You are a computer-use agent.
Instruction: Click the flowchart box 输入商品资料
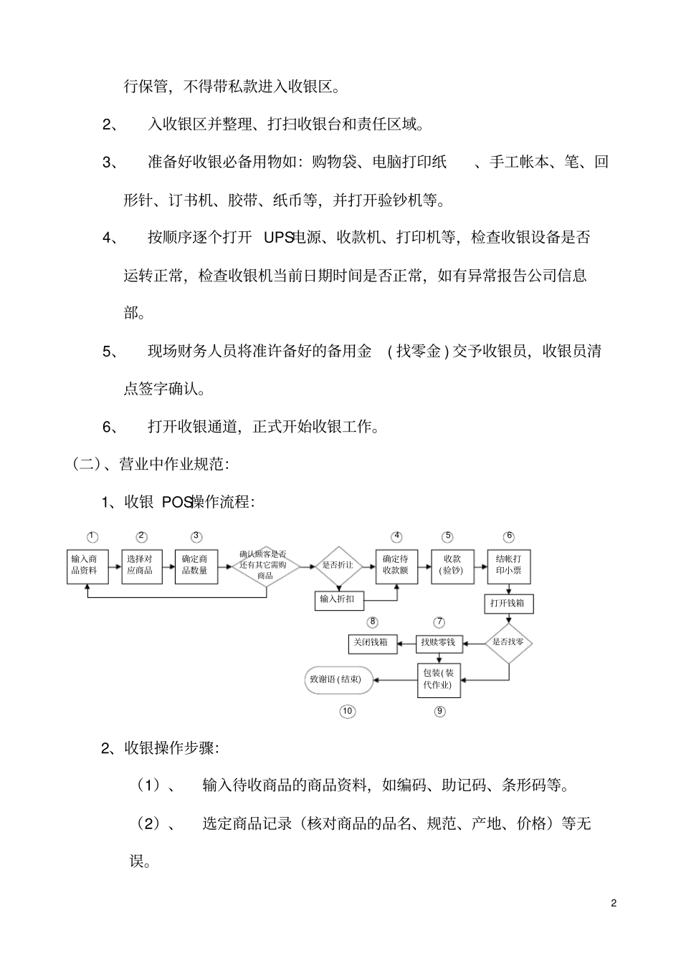(87, 566)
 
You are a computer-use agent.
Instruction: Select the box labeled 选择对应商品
(141, 566)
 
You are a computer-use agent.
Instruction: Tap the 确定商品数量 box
(196, 566)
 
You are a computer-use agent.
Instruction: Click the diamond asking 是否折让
(338, 566)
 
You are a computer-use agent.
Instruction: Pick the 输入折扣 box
(338, 599)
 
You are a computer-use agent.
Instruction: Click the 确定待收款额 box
(396, 566)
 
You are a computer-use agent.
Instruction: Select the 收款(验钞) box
(452, 566)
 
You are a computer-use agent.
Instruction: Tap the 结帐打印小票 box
(509, 566)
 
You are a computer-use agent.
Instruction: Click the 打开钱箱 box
(508, 604)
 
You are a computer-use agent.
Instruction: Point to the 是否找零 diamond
(508, 642)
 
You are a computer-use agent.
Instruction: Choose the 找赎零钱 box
(438, 643)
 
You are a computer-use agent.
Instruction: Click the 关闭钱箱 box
(370, 643)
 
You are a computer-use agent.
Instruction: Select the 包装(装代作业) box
(438, 679)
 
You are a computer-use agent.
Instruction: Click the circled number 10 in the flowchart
(347, 711)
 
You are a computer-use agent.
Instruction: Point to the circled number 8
(373, 622)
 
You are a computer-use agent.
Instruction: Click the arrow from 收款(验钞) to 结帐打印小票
(480, 566)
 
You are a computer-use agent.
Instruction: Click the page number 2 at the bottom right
(614, 903)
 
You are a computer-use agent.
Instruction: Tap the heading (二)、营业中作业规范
(151, 465)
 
